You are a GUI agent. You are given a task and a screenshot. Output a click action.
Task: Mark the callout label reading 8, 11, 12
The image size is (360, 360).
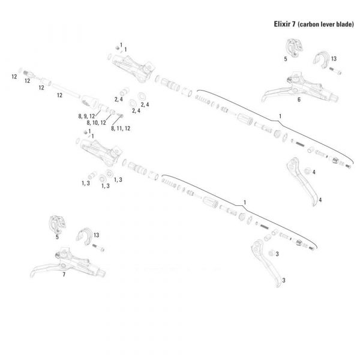121,128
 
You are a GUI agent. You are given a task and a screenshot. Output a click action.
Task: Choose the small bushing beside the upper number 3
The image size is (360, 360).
269,253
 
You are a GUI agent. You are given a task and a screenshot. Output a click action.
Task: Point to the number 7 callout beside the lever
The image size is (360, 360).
64,274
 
